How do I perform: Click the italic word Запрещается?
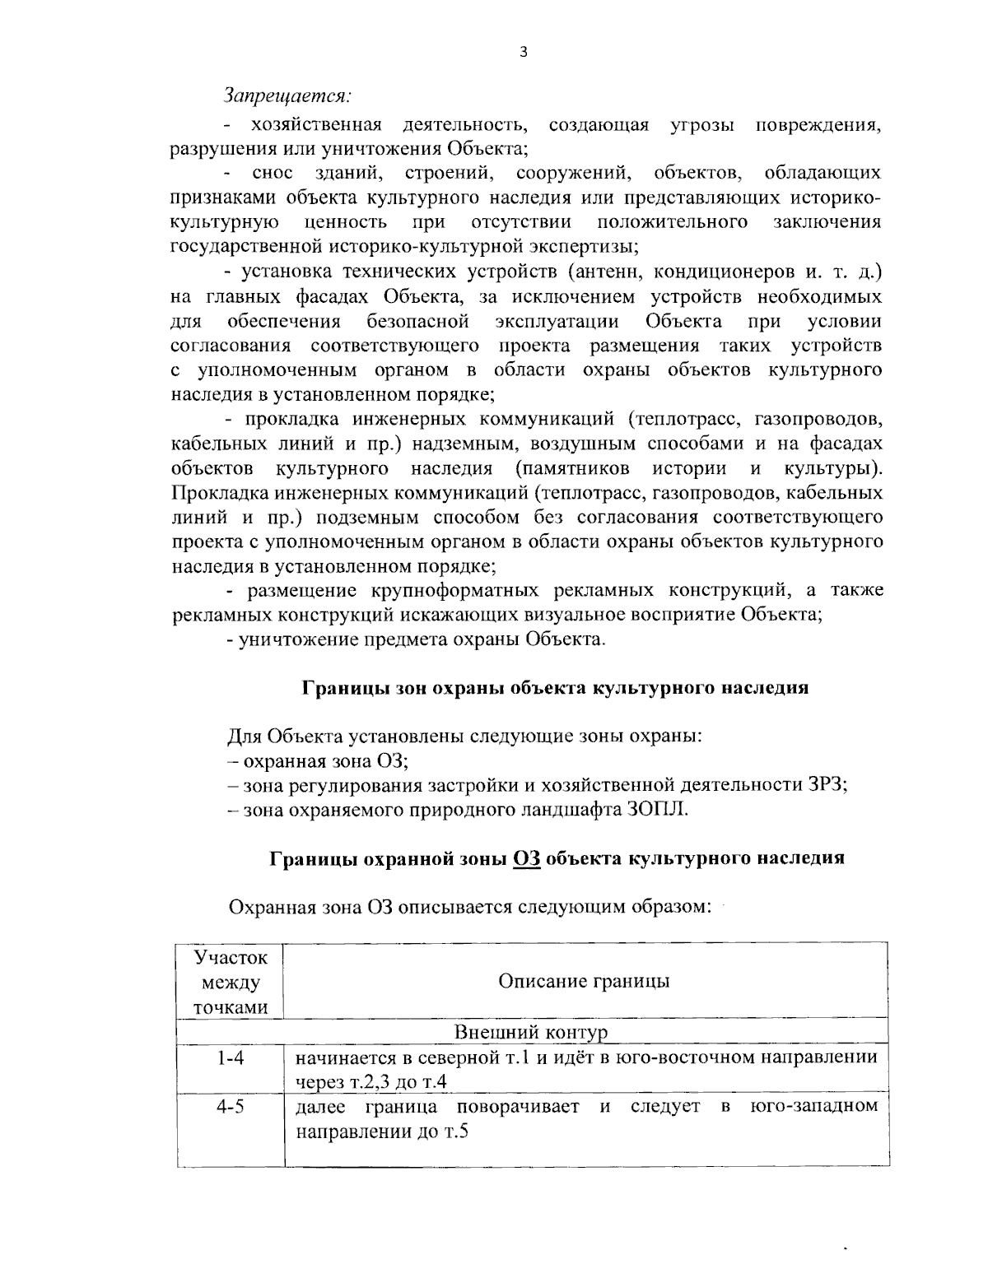[x=287, y=95]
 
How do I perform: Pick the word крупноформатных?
[x=450, y=591]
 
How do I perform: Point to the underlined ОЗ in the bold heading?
[x=526, y=858]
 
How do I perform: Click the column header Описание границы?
[x=585, y=981]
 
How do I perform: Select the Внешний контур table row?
[x=531, y=1032]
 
